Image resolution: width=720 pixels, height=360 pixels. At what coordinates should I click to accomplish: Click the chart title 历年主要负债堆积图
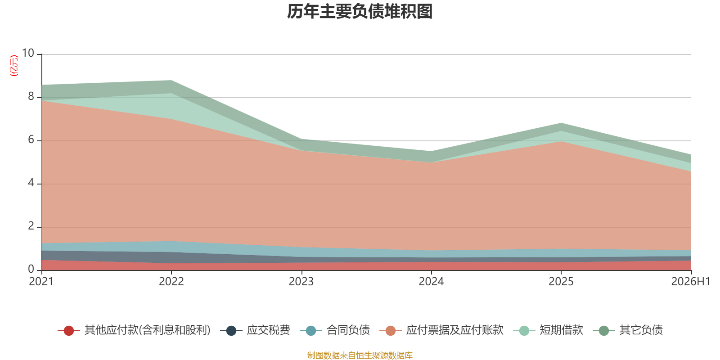pyautogui.click(x=360, y=12)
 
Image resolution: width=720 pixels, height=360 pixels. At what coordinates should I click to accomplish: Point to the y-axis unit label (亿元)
pyautogui.click(x=14, y=66)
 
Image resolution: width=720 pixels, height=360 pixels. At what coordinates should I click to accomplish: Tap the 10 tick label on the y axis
pyautogui.click(x=28, y=53)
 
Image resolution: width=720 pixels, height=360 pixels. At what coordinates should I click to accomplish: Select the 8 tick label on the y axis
pyautogui.click(x=31, y=96)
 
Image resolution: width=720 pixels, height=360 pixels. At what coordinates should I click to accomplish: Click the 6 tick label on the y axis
pyautogui.click(x=31, y=139)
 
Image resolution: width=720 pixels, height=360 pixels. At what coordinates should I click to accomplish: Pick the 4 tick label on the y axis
pyautogui.click(x=31, y=183)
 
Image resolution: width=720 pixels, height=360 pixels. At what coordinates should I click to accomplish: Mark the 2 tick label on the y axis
pyautogui.click(x=31, y=226)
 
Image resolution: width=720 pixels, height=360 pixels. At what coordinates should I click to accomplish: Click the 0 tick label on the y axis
pyautogui.click(x=31, y=269)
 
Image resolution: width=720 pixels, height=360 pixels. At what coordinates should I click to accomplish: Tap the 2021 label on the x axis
pyautogui.click(x=41, y=282)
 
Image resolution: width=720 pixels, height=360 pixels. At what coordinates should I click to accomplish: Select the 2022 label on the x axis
pyautogui.click(x=171, y=282)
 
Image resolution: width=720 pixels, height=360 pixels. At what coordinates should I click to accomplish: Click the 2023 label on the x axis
pyautogui.click(x=301, y=282)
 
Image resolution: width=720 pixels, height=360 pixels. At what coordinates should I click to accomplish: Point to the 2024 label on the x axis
pyautogui.click(x=431, y=282)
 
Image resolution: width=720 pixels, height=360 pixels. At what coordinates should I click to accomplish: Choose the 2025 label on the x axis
pyautogui.click(x=561, y=282)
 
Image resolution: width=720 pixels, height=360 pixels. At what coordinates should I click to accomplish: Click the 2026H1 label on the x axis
pyautogui.click(x=691, y=282)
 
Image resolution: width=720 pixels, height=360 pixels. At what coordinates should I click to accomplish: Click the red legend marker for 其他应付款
pyautogui.click(x=69, y=330)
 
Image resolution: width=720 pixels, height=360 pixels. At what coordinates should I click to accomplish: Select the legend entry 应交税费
pyautogui.click(x=255, y=330)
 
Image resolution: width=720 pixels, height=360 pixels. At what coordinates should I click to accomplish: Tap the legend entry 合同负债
pyautogui.click(x=335, y=330)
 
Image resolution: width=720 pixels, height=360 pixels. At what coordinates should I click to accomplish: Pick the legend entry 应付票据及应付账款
pyautogui.click(x=441, y=330)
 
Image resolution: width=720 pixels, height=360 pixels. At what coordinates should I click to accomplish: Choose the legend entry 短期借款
pyautogui.click(x=548, y=330)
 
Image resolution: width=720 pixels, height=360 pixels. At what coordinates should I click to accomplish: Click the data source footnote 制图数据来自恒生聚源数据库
pyautogui.click(x=360, y=355)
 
